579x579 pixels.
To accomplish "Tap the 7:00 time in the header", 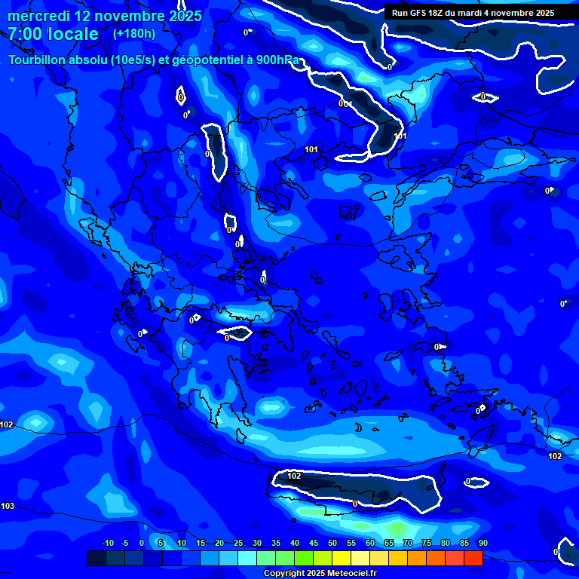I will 26,34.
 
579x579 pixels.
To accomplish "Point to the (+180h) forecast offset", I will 134,34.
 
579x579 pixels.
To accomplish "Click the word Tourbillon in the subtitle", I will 38,60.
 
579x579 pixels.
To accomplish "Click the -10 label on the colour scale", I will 108,543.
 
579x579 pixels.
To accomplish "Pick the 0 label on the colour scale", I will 142,543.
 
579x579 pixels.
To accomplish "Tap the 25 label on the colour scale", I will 237,543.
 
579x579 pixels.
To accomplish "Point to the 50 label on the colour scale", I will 332,543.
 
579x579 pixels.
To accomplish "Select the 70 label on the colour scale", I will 408,543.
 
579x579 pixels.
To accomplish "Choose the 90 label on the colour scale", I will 482,543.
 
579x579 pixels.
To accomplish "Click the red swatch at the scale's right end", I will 473,558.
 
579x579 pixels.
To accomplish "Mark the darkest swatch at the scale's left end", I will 96,558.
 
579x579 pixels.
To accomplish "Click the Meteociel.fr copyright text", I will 320,574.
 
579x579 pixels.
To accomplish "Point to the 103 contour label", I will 7,506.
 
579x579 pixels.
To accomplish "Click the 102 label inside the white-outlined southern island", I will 294,476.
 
